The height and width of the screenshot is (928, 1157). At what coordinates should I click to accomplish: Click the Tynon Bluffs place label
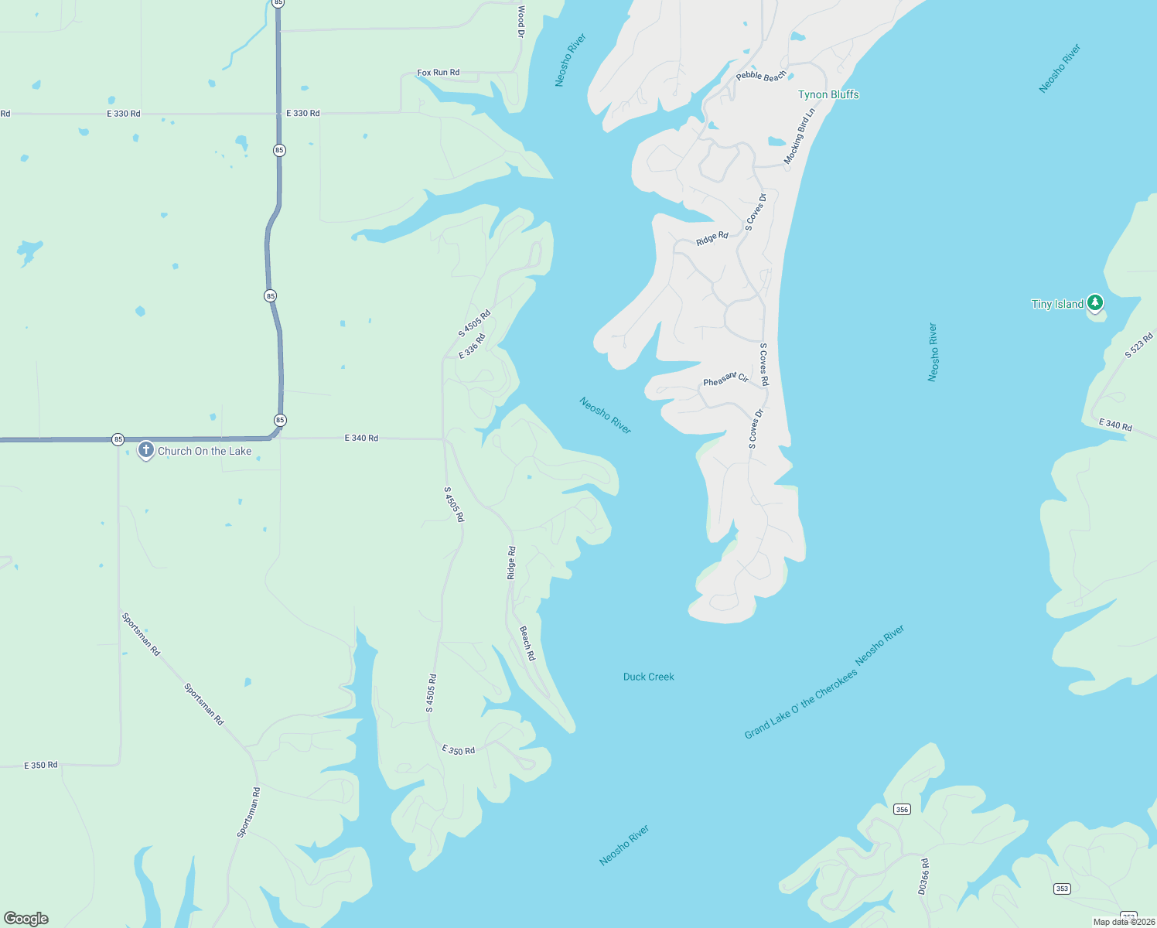[828, 94]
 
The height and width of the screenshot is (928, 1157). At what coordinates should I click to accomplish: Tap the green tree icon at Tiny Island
[1094, 302]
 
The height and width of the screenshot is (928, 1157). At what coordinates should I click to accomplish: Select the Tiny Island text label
[1057, 304]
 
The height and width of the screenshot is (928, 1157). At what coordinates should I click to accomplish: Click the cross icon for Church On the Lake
[145, 450]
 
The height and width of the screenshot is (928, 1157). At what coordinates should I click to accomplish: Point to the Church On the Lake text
[205, 451]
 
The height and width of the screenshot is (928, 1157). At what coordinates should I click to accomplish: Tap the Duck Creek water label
[648, 677]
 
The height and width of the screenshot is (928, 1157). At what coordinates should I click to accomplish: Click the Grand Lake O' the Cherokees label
[800, 705]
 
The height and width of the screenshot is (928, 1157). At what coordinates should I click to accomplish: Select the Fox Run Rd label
[438, 73]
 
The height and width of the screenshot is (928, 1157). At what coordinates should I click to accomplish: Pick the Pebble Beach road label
[761, 76]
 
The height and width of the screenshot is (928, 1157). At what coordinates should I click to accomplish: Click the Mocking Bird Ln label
[800, 136]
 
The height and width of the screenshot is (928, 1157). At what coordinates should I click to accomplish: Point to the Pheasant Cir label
[725, 379]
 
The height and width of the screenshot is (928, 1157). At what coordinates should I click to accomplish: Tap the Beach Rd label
[527, 643]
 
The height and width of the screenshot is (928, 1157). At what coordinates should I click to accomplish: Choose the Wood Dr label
[521, 22]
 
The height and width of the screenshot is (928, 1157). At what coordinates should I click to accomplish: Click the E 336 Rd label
[472, 346]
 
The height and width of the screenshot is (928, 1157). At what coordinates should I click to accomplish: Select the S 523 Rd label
[1138, 345]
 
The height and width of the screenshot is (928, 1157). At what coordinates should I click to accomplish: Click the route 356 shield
[902, 809]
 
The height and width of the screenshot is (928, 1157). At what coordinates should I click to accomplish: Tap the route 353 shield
[1062, 889]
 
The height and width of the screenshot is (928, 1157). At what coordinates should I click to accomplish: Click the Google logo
[26, 919]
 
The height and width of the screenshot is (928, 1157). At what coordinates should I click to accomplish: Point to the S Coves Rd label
[763, 364]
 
